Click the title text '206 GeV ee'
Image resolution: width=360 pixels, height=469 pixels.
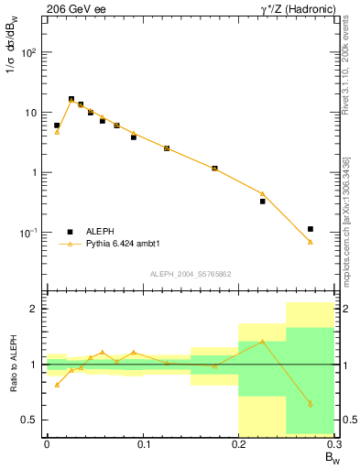pos(71,8)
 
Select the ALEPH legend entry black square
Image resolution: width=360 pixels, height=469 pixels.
pos(70,232)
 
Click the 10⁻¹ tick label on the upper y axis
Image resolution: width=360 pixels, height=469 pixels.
pos(27,233)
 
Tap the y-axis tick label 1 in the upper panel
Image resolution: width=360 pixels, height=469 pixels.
pos(32,172)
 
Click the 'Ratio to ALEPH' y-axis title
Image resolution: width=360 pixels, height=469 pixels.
pos(12,365)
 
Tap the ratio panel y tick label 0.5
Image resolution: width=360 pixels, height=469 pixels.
pos(29,420)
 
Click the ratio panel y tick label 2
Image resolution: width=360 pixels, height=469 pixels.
pos(34,309)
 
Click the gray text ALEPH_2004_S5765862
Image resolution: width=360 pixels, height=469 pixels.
pos(190,274)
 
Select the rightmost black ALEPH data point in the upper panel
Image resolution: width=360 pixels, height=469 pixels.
pos(311,229)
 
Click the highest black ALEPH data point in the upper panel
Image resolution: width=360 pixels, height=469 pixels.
pos(71,99)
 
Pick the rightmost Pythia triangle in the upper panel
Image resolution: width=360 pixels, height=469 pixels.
pos(311,242)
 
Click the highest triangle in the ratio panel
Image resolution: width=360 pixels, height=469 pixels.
pos(263,341)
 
